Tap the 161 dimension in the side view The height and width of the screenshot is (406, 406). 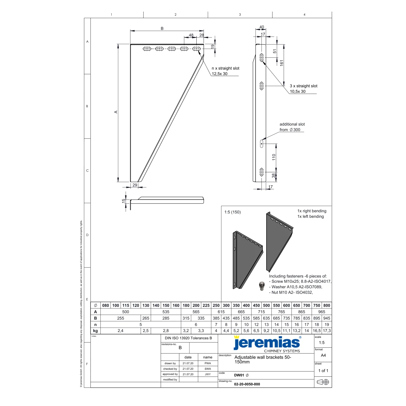click(x=282, y=63)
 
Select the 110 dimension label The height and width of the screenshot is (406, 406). click(x=274, y=157)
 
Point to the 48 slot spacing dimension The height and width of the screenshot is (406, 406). click(x=191, y=35)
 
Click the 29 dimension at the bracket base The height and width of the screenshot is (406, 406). click(x=135, y=185)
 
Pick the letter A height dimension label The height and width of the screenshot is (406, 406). click(x=116, y=112)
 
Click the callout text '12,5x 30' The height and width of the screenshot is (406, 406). click(x=220, y=74)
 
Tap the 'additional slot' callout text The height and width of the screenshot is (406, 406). click(x=292, y=124)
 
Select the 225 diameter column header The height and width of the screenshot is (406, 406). click(x=206, y=305)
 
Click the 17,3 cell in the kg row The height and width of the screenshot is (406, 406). click(x=327, y=331)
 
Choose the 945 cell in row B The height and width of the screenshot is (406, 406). click(x=327, y=318)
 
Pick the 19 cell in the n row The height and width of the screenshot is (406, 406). click(x=327, y=325)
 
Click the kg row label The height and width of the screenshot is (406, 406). click(x=95, y=331)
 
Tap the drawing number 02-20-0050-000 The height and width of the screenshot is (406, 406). click(x=247, y=384)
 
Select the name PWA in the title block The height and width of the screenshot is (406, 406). click(x=208, y=363)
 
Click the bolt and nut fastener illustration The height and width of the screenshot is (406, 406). click(x=262, y=286)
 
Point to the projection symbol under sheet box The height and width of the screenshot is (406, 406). click(x=323, y=382)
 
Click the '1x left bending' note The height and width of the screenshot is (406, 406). click(x=310, y=216)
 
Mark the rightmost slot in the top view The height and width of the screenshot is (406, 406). click(x=196, y=49)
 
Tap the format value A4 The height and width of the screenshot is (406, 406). click(x=323, y=356)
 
